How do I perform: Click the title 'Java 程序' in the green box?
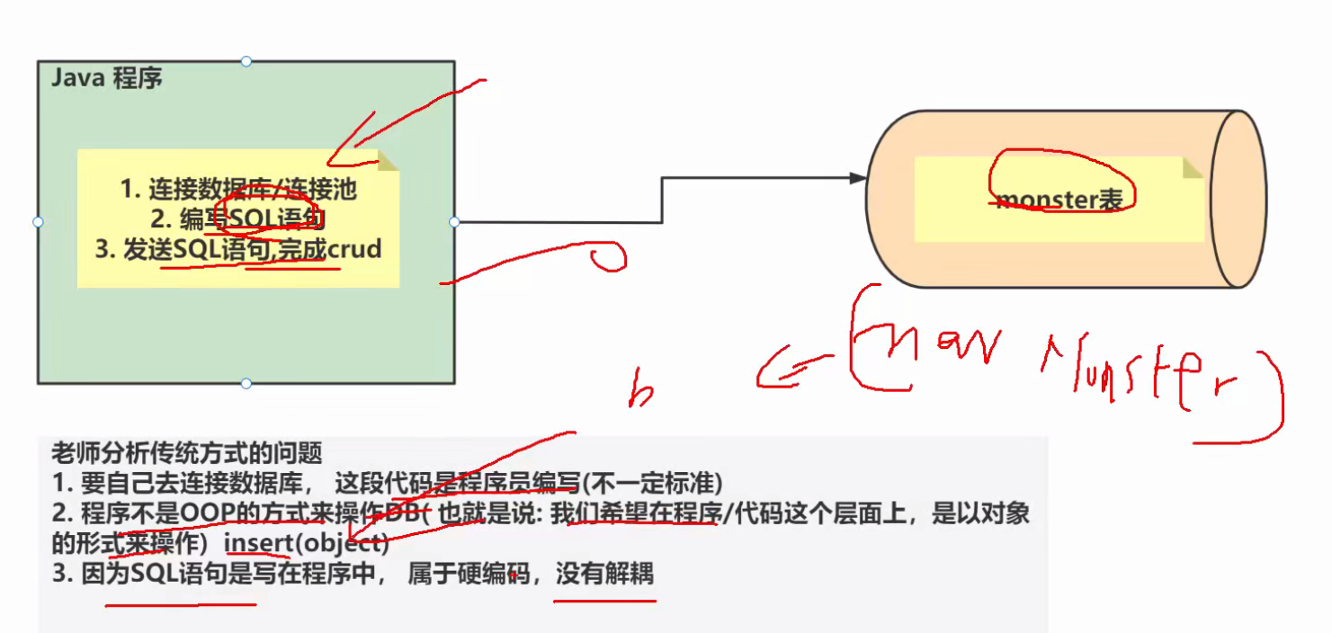tap(106, 78)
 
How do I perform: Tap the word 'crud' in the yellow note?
tap(354, 250)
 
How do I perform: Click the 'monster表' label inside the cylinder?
tap(1059, 200)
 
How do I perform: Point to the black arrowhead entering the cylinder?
tap(858, 178)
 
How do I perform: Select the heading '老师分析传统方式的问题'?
tap(186, 453)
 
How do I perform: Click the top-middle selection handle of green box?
tap(246, 61)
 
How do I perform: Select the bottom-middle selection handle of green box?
tap(246, 384)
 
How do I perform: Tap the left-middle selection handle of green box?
tap(38, 222)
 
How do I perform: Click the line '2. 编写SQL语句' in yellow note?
tap(237, 218)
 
